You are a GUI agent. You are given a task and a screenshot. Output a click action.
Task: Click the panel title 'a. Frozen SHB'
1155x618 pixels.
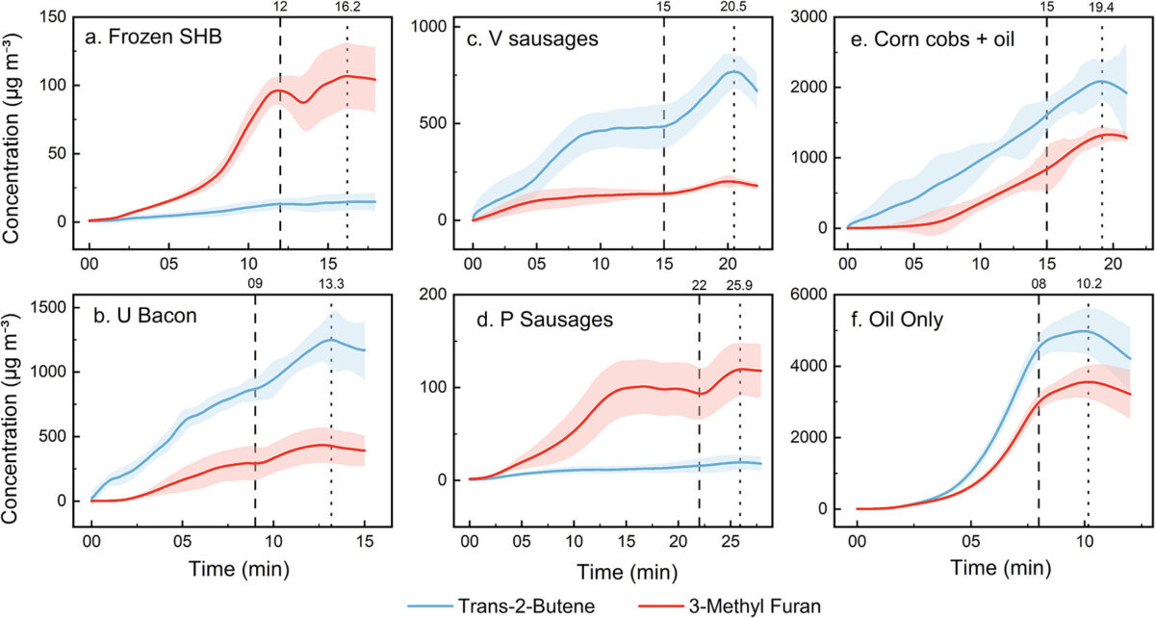point(153,38)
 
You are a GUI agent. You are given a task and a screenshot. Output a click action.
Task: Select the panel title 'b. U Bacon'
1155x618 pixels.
point(145,315)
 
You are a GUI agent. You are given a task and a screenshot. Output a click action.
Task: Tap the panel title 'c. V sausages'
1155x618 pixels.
point(532,39)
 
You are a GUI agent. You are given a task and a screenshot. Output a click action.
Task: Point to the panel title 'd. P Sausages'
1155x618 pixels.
point(545,320)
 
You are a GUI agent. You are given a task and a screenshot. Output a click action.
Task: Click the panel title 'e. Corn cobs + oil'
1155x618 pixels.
point(933,39)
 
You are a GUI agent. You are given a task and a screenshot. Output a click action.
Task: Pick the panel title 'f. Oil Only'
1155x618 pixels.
point(897,320)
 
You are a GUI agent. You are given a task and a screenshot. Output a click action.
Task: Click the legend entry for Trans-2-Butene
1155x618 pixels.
point(501,605)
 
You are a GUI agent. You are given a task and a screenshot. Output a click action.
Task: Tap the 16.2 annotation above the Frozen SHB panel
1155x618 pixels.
point(347,7)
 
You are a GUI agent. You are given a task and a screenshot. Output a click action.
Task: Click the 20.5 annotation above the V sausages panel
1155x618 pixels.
point(733,7)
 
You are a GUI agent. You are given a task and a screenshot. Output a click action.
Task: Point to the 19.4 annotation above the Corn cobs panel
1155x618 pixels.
point(1102,7)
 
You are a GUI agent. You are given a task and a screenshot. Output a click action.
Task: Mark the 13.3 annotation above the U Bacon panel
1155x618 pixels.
point(331,284)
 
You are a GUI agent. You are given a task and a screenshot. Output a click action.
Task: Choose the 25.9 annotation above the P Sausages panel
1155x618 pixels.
point(739,285)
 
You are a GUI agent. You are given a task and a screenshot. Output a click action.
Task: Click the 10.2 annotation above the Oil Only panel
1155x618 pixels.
point(1089,283)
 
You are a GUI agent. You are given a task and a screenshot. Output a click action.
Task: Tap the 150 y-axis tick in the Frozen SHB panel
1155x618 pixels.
point(53,17)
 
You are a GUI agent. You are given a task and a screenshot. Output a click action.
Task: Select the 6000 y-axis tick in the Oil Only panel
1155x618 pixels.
point(808,294)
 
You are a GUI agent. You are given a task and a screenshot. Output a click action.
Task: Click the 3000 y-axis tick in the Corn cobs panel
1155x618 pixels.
point(808,17)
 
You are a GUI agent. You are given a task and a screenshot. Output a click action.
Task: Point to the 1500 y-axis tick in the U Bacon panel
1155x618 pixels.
point(48,307)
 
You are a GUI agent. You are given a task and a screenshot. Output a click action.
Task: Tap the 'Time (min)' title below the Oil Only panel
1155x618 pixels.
point(1001,567)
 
